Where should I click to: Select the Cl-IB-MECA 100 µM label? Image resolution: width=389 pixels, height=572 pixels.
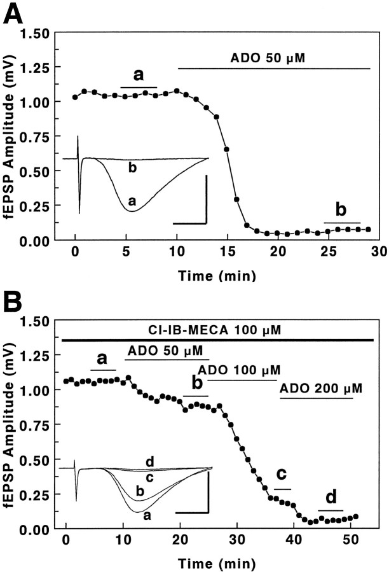click(218, 330)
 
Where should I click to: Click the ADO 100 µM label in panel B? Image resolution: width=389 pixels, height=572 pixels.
click(238, 370)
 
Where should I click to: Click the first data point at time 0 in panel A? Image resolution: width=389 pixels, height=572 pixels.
click(75, 97)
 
